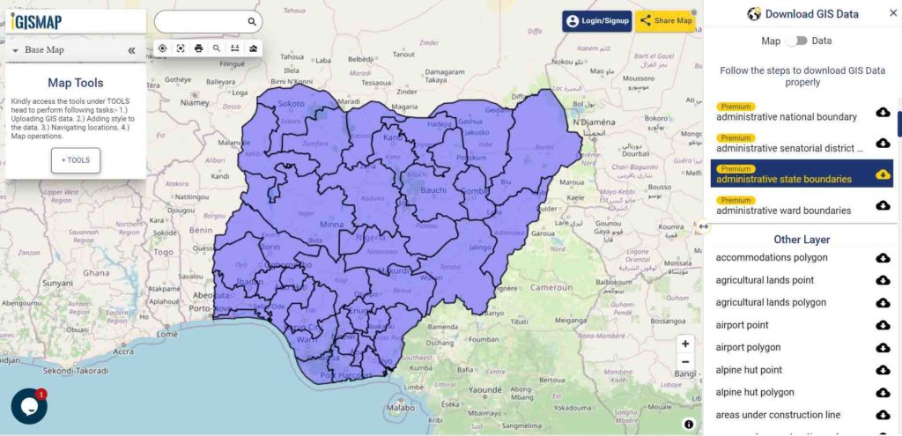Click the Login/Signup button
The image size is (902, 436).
pos(597,21)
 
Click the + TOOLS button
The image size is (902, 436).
pos(76,160)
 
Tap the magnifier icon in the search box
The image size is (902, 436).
pos(252,22)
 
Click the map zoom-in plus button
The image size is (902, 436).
pos(685,344)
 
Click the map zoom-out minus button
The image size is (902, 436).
pos(685,362)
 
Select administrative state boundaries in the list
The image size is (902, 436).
pos(784,179)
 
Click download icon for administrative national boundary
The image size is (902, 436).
pos(883,112)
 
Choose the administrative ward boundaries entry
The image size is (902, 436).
pos(783,211)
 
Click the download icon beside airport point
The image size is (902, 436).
pos(883,325)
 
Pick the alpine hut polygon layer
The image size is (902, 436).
pos(755,392)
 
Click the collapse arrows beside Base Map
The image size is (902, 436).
pos(131,50)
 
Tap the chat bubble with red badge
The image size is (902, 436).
pos(28,406)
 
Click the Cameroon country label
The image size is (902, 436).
pos(551,287)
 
